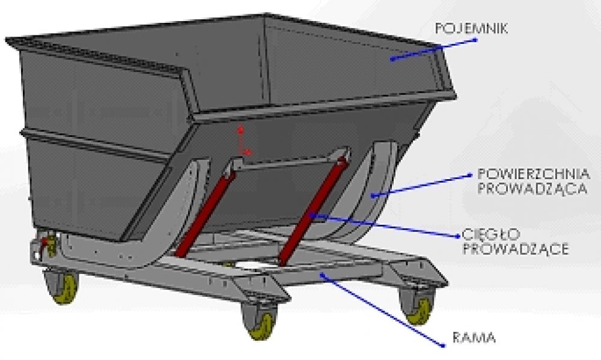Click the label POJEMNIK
tap(472, 27)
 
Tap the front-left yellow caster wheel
tap(62, 288)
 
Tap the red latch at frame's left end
tap(43, 243)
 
